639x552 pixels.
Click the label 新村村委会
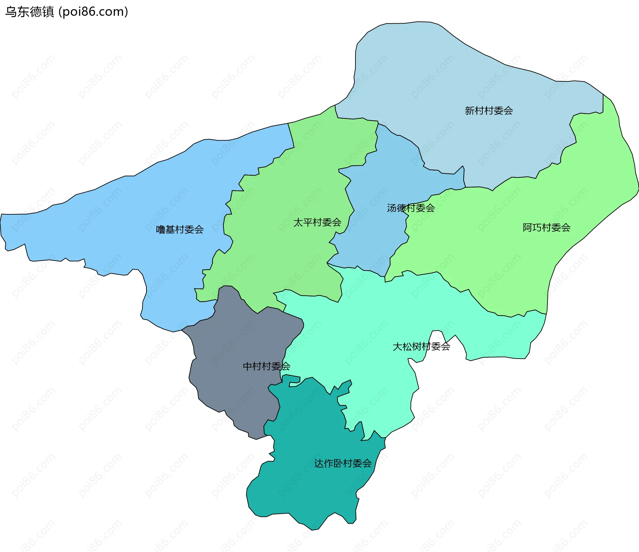point(489,111)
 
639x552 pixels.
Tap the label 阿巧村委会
point(546,228)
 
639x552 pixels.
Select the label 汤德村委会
point(411,208)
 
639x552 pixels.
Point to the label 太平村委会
point(317,222)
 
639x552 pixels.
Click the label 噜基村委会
point(180,229)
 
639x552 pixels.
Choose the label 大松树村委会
point(421,347)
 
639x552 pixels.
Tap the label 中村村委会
point(266,366)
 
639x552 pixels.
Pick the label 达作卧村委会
point(343,463)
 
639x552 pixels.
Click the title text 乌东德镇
point(30,12)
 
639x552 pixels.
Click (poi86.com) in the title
point(93,12)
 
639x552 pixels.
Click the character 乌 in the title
point(11,12)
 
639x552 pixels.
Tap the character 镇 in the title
point(48,12)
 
